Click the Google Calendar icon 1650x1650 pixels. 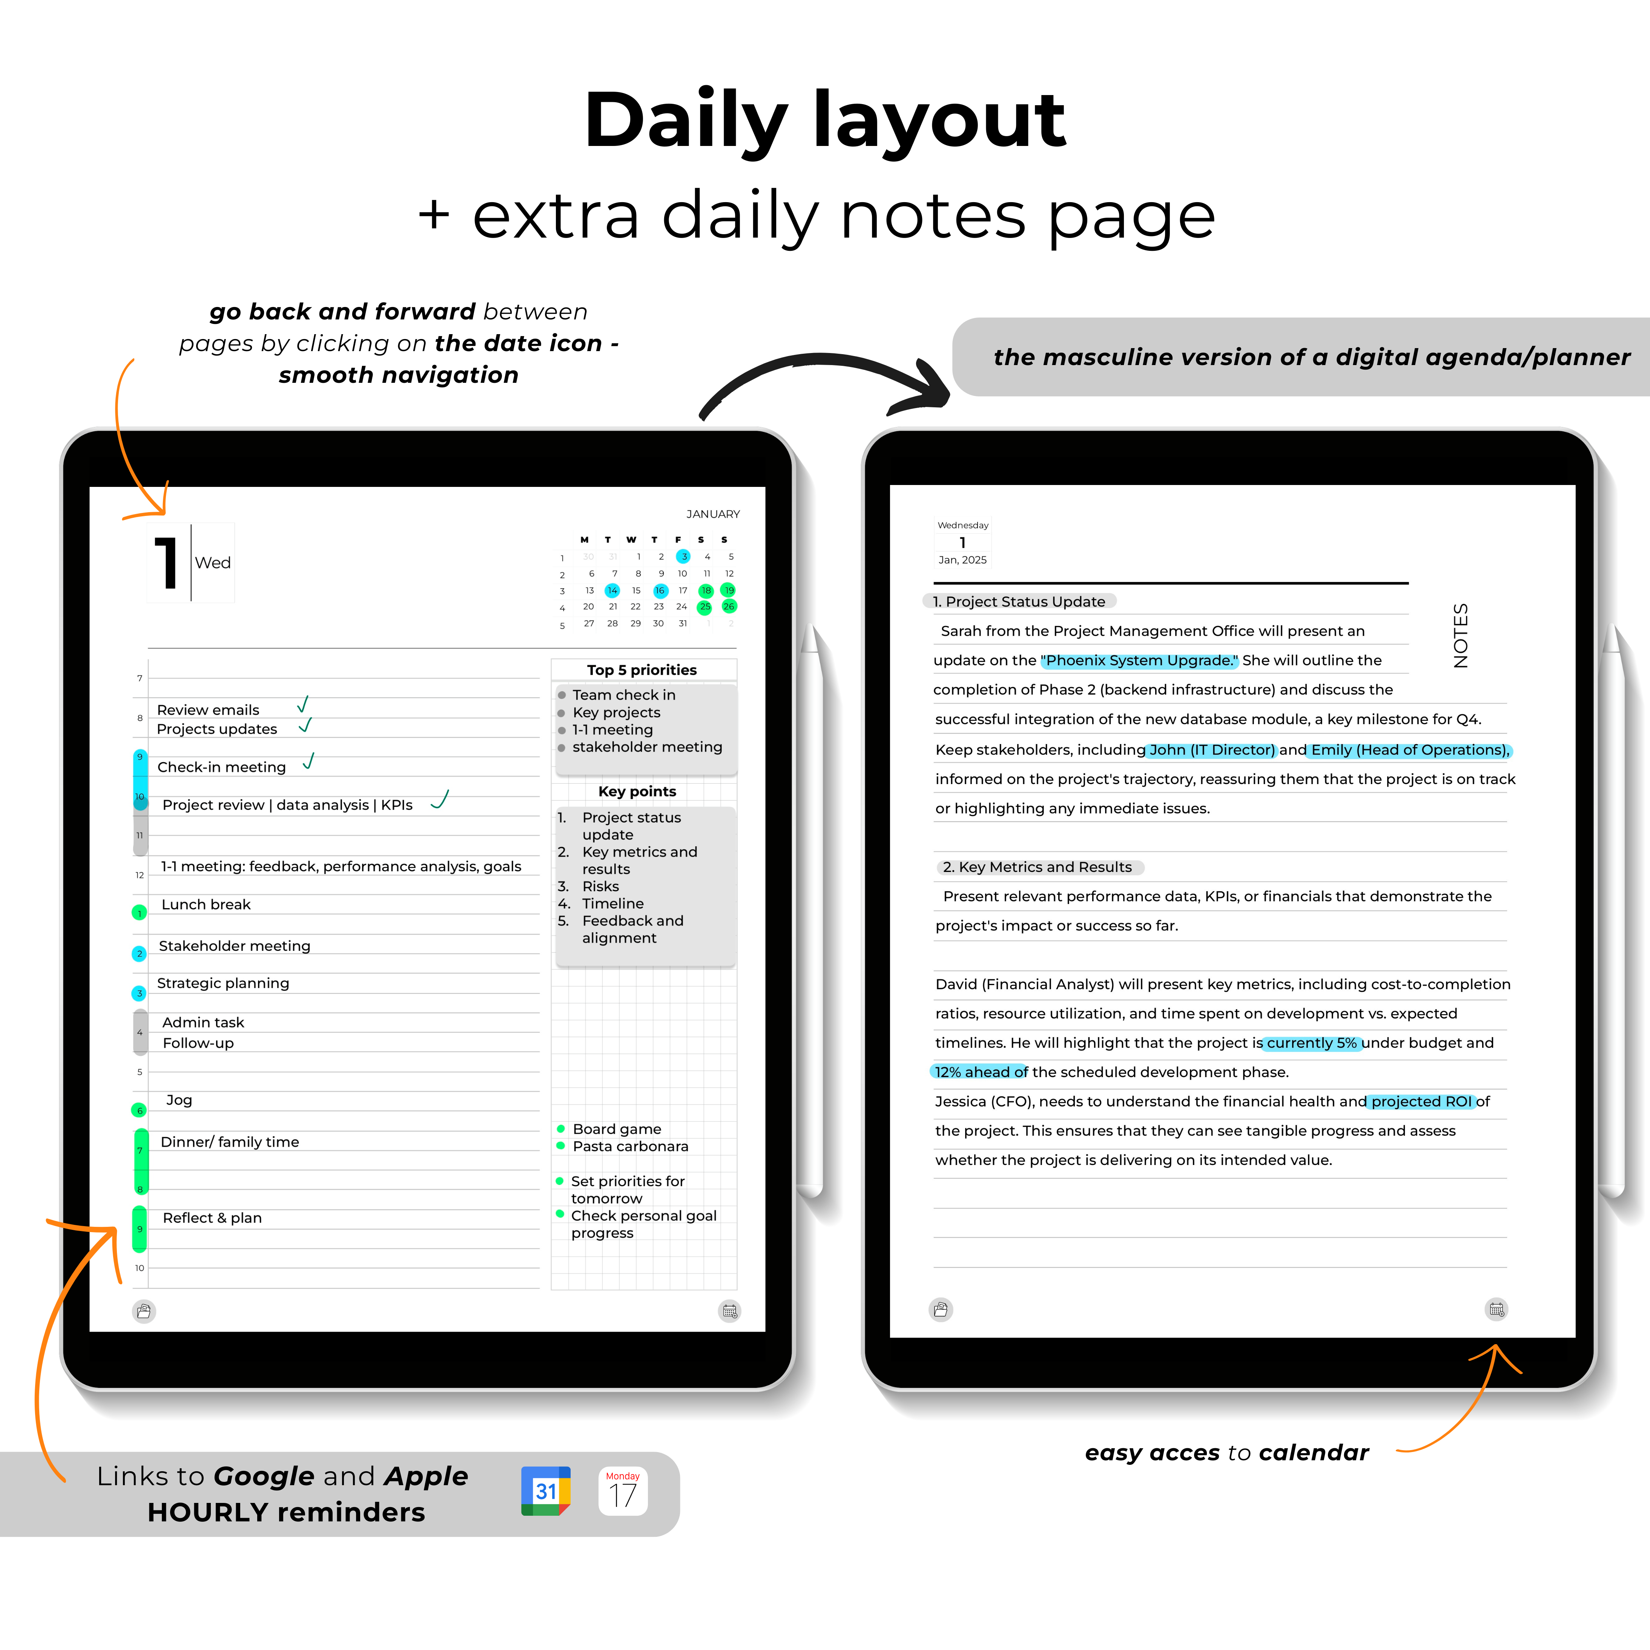546,1491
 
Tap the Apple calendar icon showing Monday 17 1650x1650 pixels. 623,1491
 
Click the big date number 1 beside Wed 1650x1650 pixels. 167,563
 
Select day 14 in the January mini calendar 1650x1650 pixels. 612,590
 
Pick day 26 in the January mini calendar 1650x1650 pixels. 729,606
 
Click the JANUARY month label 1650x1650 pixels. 713,514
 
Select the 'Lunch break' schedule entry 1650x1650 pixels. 206,904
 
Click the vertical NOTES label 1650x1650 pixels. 1461,635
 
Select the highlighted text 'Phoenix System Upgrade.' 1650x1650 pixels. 1139,660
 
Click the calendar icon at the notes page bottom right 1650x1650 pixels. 1496,1309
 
